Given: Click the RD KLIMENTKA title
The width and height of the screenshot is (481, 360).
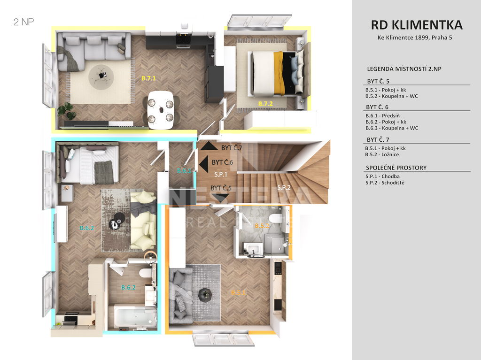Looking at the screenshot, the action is (x=417, y=25).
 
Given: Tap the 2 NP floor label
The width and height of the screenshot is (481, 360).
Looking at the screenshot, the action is (x=23, y=22).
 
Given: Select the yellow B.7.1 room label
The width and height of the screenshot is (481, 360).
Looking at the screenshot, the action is (x=149, y=78).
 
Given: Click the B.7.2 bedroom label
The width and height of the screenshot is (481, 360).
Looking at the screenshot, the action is (x=265, y=104).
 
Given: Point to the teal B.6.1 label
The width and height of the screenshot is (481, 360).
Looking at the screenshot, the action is (x=184, y=170).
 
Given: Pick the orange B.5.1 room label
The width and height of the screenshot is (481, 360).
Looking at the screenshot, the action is (x=238, y=292).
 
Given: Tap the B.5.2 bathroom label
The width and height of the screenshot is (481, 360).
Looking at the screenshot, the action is (x=262, y=226).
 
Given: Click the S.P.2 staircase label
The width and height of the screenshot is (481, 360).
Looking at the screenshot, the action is (x=284, y=187).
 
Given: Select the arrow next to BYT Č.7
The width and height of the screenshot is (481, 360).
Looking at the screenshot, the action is (x=209, y=146).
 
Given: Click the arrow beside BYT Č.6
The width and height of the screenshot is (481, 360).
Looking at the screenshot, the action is (x=204, y=163).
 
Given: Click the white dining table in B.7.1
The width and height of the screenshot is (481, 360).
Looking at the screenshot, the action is (x=161, y=110).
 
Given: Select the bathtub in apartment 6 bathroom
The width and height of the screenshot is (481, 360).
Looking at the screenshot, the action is (x=136, y=316).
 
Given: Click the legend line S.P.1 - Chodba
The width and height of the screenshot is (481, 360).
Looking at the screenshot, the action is (x=382, y=176).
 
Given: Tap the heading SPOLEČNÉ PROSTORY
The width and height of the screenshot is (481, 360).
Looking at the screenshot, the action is (x=396, y=168).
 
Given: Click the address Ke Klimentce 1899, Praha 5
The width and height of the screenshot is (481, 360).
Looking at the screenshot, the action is (x=415, y=38).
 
